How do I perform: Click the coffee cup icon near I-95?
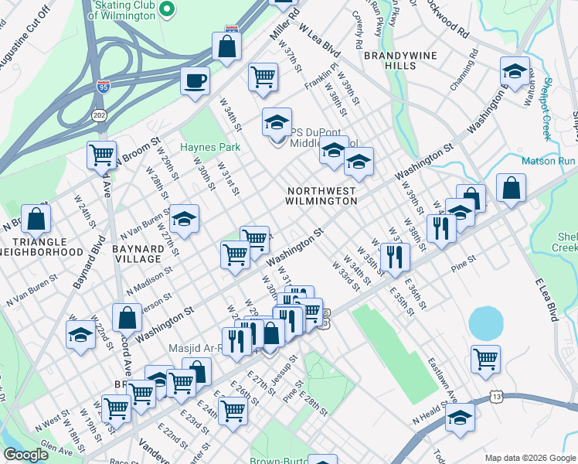(195, 80)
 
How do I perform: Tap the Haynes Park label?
(210, 147)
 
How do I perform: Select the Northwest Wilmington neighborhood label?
(321, 195)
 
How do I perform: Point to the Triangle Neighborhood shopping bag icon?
(36, 219)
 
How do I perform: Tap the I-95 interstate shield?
(104, 85)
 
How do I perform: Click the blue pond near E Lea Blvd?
(484, 322)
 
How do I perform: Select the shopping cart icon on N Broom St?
(102, 155)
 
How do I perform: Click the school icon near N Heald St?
(461, 418)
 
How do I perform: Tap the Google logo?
(25, 455)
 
